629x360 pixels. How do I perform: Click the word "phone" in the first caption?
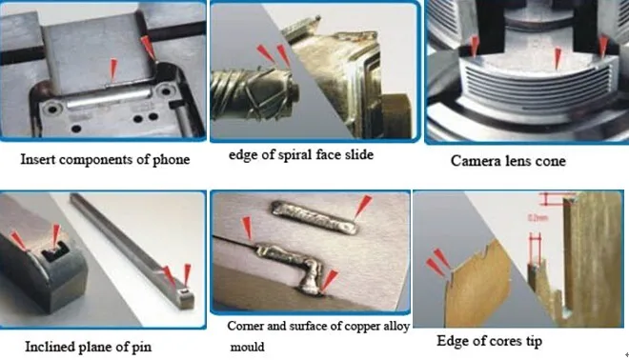169,159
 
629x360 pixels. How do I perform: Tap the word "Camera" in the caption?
477,161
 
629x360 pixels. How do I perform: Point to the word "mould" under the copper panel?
246,348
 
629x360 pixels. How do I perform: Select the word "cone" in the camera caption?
549,161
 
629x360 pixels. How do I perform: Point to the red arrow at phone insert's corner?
145,45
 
